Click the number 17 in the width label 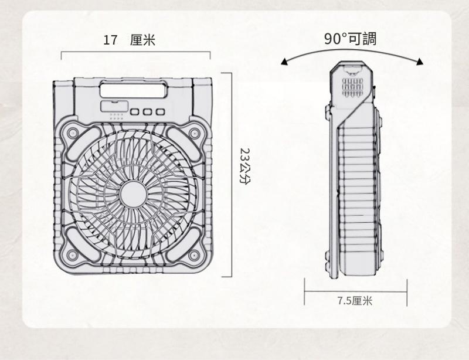pyautogui.click(x=110, y=40)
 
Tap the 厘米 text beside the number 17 pyautogui.click(x=142, y=40)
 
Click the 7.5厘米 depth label pyautogui.click(x=355, y=300)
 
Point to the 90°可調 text pyautogui.click(x=350, y=39)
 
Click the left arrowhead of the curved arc pyautogui.click(x=284, y=62)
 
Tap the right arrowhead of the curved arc pyautogui.click(x=420, y=62)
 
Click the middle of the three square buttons pyautogui.click(x=148, y=112)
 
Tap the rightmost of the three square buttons pyautogui.click(x=161, y=112)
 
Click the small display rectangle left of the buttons pyautogui.click(x=114, y=107)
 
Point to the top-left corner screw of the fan pyautogui.click(x=72, y=133)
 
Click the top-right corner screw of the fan pyautogui.click(x=195, y=133)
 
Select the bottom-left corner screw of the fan pyautogui.click(x=72, y=255)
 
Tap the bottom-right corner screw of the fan pyautogui.click(x=194, y=255)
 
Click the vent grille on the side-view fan pyautogui.click(x=352, y=87)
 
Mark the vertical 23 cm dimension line pyautogui.click(x=232, y=175)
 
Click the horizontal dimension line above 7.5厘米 pyautogui.click(x=356, y=291)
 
